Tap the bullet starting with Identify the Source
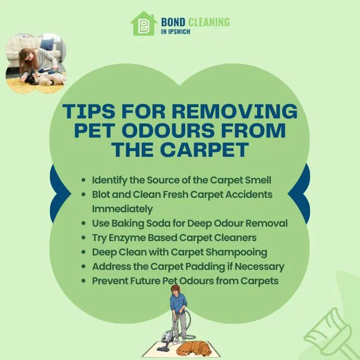[181, 180]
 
